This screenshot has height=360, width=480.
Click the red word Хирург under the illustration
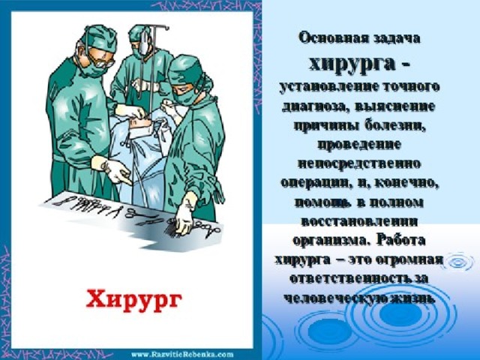point(133,299)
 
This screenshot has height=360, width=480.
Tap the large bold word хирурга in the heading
point(352,65)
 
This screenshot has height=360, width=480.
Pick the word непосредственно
point(359,163)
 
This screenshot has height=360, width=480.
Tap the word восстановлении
point(359,221)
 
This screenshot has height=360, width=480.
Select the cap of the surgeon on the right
point(186,68)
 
